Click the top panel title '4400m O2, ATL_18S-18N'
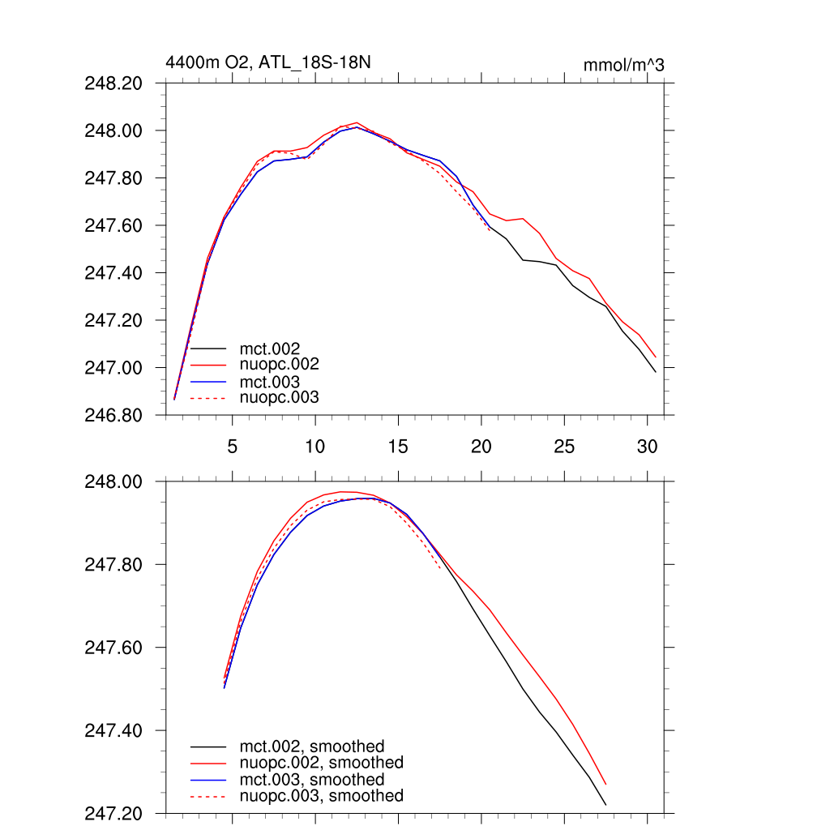pos(268,62)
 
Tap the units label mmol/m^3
pos(623,65)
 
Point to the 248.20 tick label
pos(114,83)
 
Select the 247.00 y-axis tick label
pos(114,368)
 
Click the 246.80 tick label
pos(114,415)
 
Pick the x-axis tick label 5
pos(233,446)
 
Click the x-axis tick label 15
pos(398,446)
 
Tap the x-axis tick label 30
pos(647,446)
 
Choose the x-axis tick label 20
pos(481,446)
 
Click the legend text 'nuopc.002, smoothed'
pos(321,763)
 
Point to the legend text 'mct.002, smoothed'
pos(311,747)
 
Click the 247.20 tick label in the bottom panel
pos(114,813)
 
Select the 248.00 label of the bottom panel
pos(114,482)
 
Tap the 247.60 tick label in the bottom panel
pos(114,648)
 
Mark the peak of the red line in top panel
pos(357,122)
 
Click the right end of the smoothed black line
pos(605,805)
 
